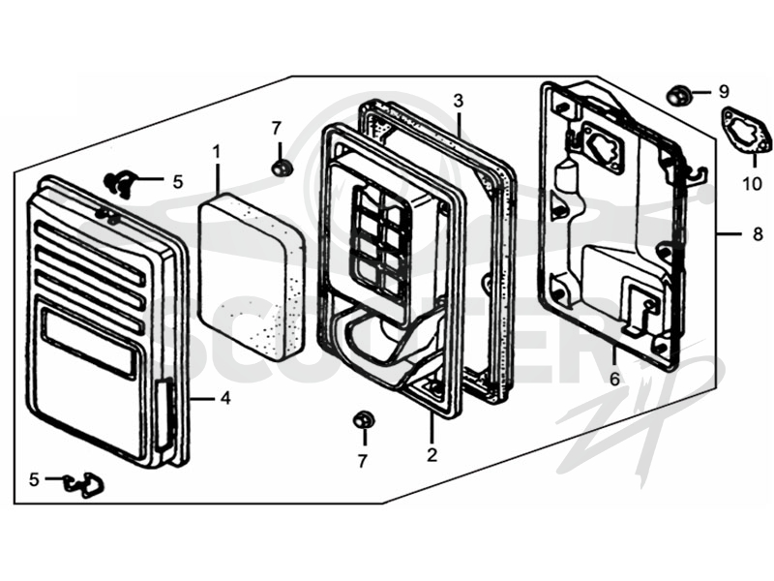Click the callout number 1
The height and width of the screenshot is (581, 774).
217,153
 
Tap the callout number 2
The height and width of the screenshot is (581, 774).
432,454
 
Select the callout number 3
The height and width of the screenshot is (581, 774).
459,101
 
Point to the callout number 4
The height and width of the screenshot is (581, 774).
225,398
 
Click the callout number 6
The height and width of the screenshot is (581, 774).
614,379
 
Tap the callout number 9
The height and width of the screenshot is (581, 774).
724,91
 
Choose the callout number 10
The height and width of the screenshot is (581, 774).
753,184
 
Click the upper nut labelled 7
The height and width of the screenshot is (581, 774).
282,167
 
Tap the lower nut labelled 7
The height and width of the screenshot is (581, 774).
364,420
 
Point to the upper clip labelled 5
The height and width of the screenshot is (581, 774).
118,182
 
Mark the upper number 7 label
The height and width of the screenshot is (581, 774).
277,129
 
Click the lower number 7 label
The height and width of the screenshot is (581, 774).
363,461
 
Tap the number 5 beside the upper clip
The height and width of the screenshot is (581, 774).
178,182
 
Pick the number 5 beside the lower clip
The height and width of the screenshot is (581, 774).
34,479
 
